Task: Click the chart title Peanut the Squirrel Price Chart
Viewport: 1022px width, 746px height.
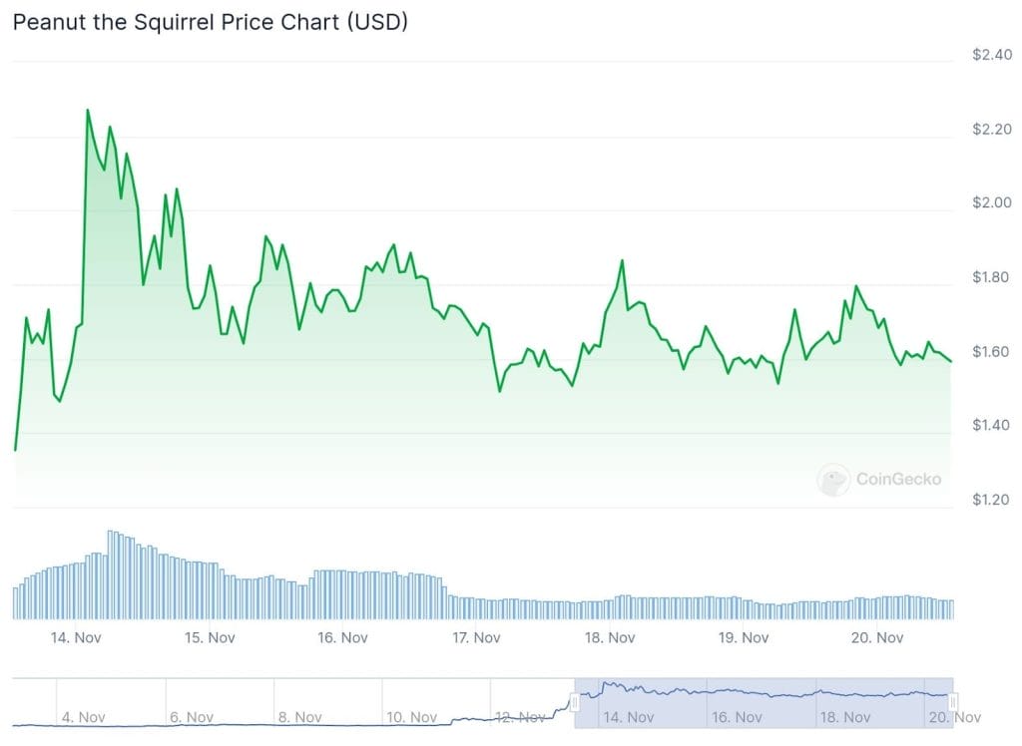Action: [x=210, y=22]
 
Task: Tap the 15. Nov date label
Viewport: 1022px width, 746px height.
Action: [x=209, y=637]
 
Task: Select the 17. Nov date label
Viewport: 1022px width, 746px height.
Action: [x=475, y=637]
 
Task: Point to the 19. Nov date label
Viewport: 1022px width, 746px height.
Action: [x=743, y=637]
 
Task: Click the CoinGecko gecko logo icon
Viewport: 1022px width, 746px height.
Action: [x=833, y=480]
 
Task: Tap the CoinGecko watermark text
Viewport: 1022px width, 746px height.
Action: [x=898, y=480]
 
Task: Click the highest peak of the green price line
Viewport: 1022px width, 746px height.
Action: [x=87, y=110]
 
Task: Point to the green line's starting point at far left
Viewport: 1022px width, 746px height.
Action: [x=14, y=450]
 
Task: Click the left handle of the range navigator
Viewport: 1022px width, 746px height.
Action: [x=575, y=702]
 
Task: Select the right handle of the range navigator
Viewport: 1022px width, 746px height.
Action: [x=953, y=702]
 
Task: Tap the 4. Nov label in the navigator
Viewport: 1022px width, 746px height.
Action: [x=84, y=717]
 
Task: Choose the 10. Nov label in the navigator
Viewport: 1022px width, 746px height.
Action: [x=411, y=717]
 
